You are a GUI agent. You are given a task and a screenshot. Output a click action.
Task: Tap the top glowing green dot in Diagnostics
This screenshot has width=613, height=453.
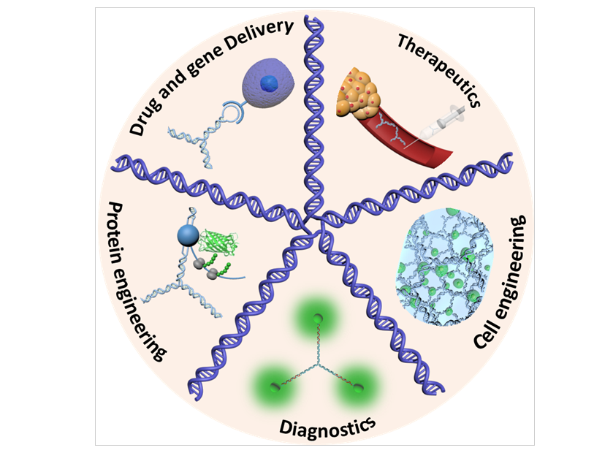319,319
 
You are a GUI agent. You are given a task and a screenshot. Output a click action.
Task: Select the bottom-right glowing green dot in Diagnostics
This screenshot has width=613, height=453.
357,389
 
